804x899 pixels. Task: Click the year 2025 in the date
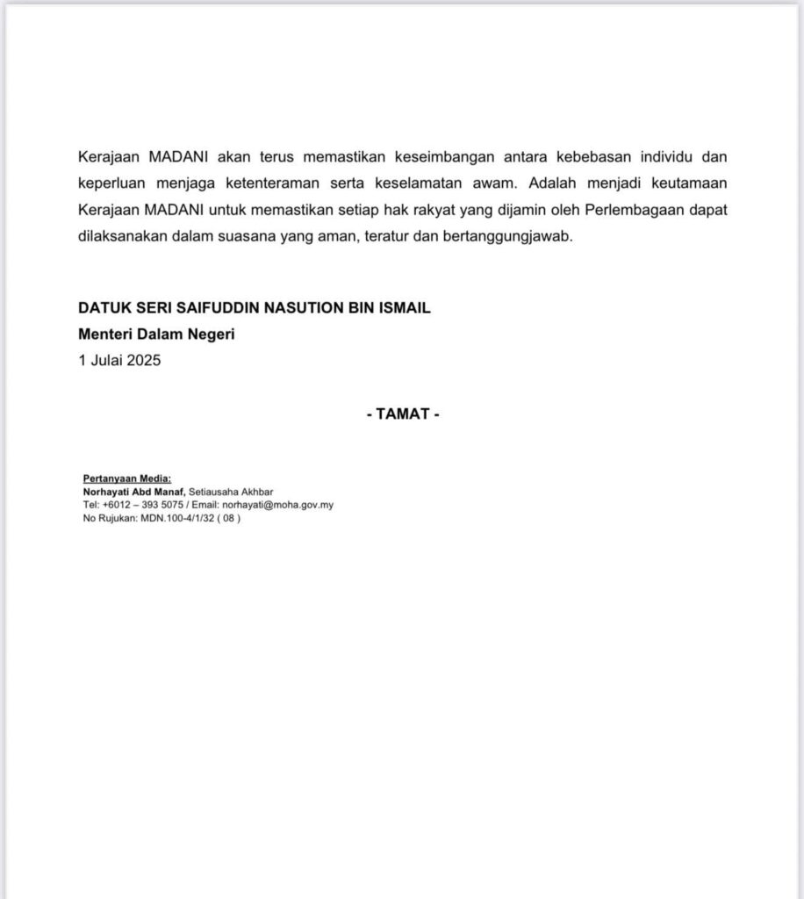(x=144, y=359)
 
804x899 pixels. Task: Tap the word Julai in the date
(x=105, y=359)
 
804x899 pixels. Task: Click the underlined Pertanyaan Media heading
(x=127, y=478)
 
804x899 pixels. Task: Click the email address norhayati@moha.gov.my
(x=277, y=505)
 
